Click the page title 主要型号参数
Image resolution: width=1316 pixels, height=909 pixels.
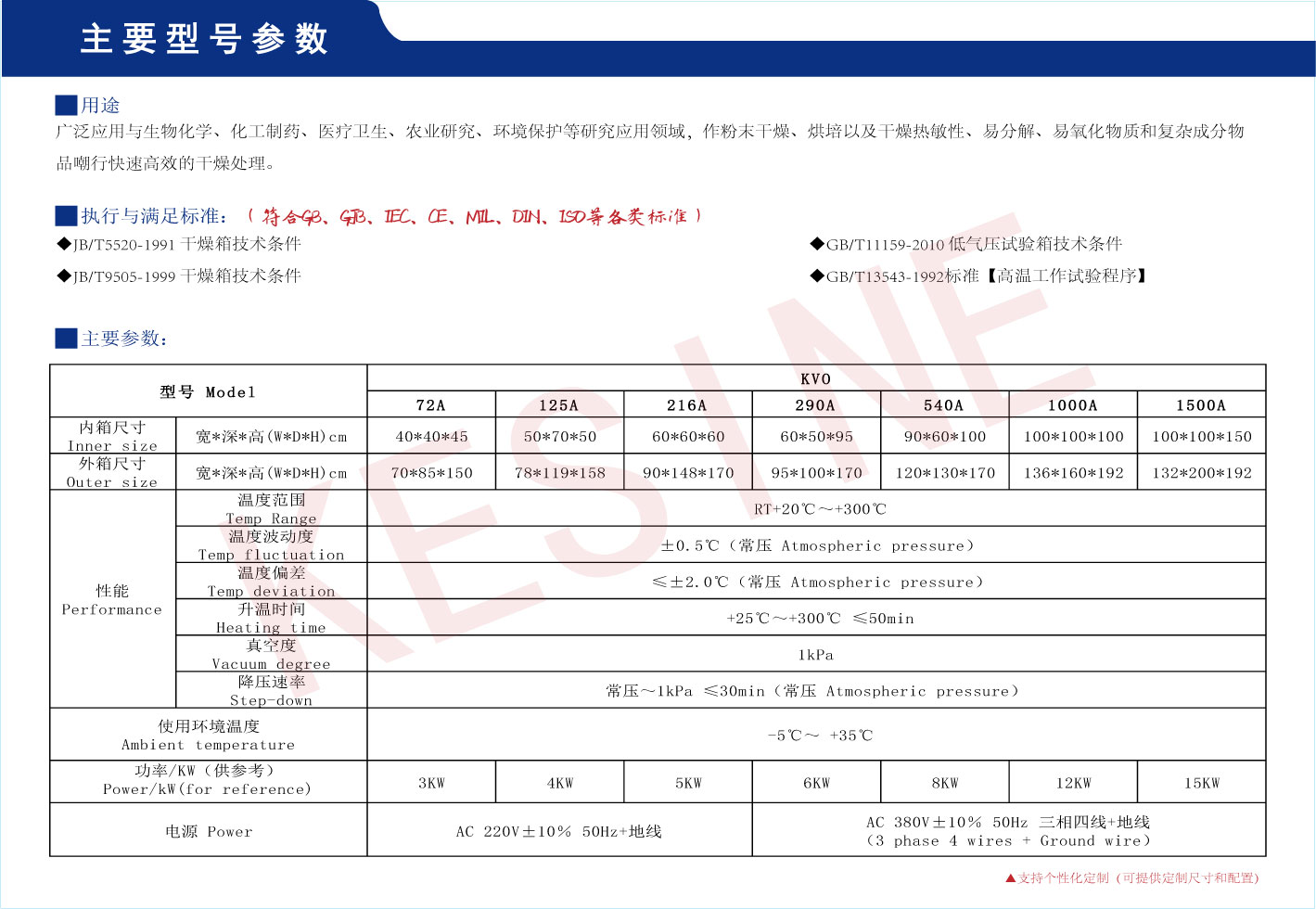(x=204, y=39)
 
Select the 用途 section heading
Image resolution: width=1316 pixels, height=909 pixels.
(x=100, y=106)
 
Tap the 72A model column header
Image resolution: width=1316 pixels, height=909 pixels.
(x=431, y=405)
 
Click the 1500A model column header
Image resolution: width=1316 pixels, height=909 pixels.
(x=1201, y=405)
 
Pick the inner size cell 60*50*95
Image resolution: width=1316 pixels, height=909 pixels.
(x=816, y=437)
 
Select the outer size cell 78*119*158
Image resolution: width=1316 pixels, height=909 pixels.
(x=560, y=473)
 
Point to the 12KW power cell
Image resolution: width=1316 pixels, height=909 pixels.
(x=1073, y=784)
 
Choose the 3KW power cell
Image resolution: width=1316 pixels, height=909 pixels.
(x=431, y=784)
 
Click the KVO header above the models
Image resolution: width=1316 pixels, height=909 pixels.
(x=816, y=378)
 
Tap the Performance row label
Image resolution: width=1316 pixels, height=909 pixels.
(x=112, y=600)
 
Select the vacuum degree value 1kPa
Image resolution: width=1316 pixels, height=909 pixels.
(x=816, y=655)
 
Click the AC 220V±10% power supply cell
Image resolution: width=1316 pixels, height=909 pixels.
(x=559, y=832)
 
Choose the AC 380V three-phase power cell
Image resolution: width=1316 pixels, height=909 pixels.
(x=1008, y=831)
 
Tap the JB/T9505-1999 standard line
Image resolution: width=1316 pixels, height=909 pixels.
(x=186, y=276)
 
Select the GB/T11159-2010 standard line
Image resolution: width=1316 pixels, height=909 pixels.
(x=973, y=245)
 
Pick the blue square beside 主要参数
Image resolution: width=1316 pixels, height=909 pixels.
(x=66, y=339)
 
